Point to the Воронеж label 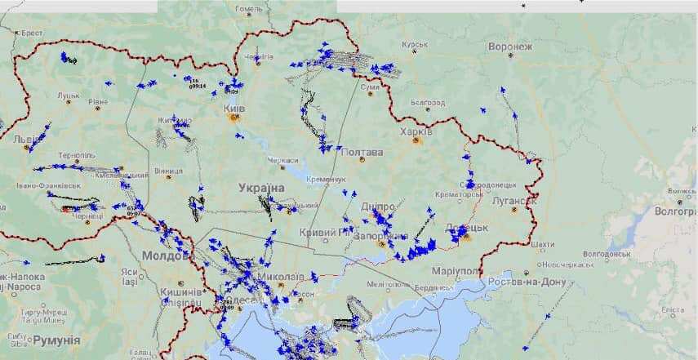[510, 47]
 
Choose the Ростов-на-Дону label [527, 282]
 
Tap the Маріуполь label [456, 270]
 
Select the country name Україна [261, 188]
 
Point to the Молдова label [166, 255]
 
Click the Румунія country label [56, 339]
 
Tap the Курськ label [415, 44]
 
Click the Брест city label [31, 33]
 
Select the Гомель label [248, 9]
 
